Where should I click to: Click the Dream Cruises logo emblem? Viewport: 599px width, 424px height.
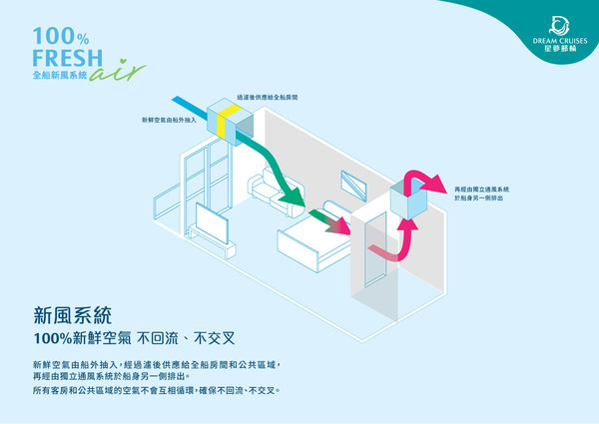[x=556, y=22]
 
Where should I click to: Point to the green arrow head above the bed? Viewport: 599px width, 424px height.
[x=291, y=203]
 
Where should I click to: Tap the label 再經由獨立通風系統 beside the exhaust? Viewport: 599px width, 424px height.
[x=482, y=189]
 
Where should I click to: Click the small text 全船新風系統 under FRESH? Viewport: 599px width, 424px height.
[x=61, y=76]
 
